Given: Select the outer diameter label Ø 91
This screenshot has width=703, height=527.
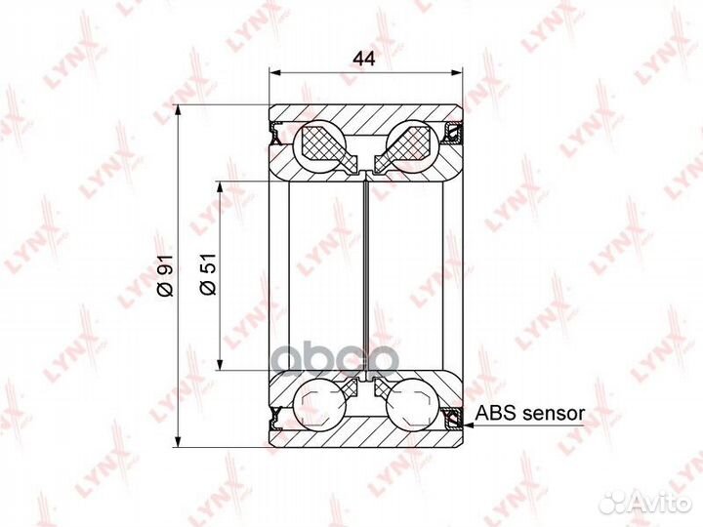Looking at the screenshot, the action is (165, 274).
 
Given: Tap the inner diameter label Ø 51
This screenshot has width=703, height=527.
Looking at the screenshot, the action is (208, 274).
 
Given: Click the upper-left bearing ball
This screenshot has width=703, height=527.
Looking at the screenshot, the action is (319, 146).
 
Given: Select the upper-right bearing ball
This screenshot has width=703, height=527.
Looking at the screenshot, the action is (412, 146).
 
